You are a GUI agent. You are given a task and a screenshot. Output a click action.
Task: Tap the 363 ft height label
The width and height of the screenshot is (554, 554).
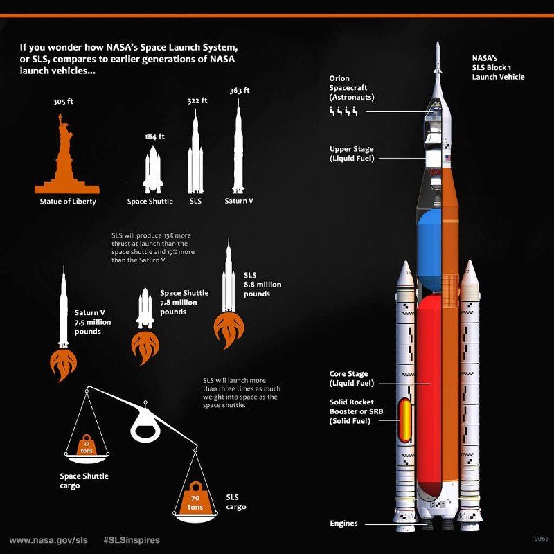(239, 91)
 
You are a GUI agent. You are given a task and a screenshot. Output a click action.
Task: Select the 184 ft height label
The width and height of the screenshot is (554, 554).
(154, 136)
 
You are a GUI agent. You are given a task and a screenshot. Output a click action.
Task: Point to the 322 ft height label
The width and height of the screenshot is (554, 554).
(197, 101)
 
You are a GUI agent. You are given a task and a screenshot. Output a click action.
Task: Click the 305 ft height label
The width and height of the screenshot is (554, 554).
(63, 102)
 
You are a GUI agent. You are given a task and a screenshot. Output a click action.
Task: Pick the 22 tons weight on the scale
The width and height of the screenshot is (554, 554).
(86, 447)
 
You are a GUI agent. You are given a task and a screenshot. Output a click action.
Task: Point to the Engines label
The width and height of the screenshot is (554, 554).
(344, 524)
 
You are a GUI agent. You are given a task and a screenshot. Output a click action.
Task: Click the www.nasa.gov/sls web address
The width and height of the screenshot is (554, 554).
(48, 539)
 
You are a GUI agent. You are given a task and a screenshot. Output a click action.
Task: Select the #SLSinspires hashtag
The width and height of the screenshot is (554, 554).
(132, 539)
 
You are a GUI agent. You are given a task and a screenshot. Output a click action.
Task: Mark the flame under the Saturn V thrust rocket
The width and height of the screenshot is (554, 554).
(64, 364)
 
